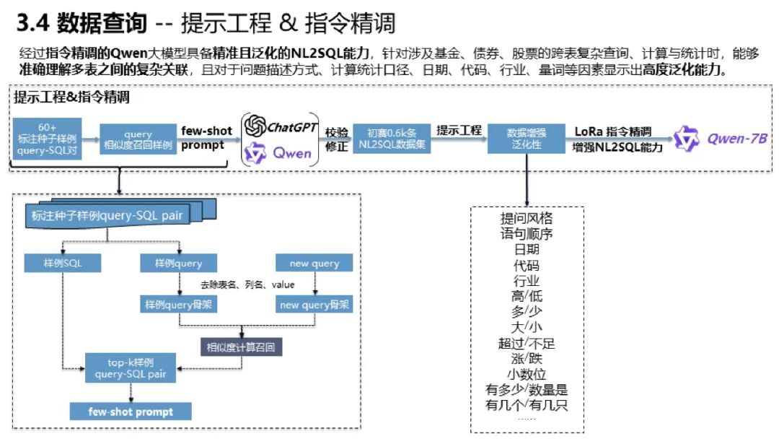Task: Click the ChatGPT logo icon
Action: click(255, 127)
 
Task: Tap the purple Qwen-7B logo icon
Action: click(687, 139)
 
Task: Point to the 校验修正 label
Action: click(337, 139)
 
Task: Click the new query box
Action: click(314, 264)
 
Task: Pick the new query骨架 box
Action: click(314, 305)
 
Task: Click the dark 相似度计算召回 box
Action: click(241, 347)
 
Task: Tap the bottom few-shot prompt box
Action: click(131, 412)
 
